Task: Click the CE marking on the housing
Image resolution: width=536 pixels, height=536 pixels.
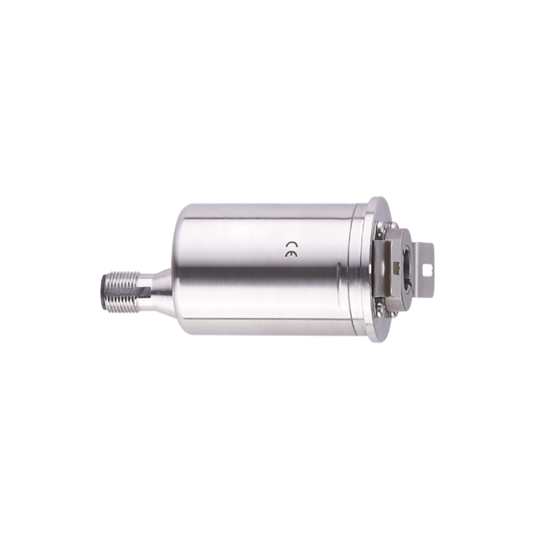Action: click(x=291, y=250)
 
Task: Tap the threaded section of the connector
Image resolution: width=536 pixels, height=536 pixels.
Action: click(x=122, y=286)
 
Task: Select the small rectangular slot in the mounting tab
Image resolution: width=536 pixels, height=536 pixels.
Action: click(x=425, y=271)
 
